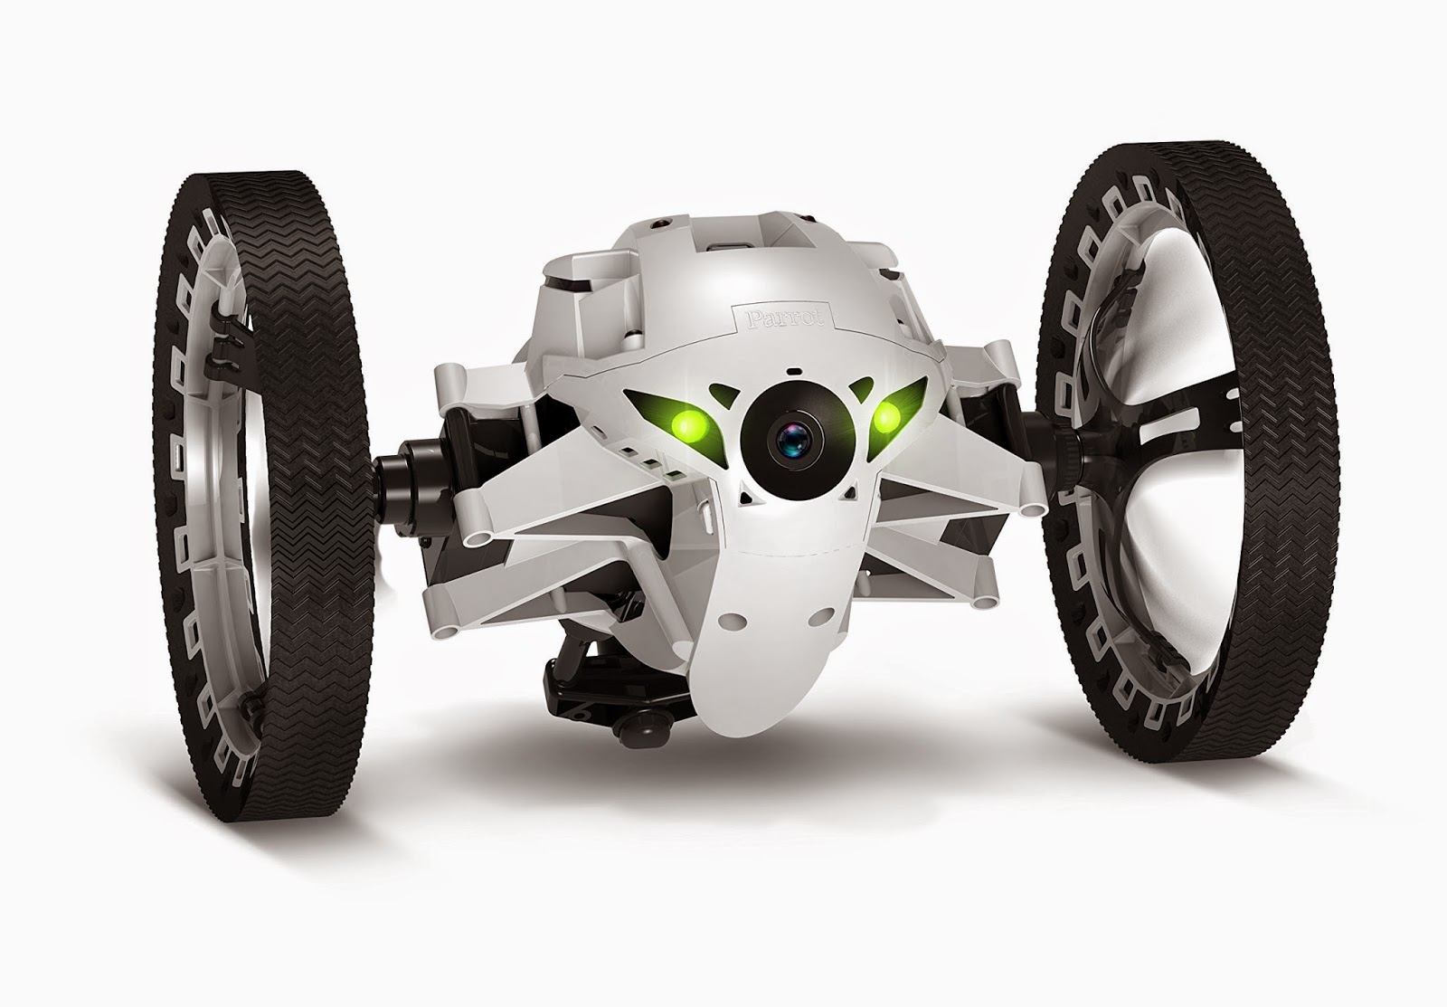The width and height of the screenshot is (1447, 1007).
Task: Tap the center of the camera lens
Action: [796, 439]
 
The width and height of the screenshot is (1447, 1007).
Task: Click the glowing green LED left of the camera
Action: [688, 424]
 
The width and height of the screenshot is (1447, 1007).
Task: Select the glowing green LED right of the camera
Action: [887, 417]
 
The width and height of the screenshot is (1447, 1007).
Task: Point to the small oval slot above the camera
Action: [794, 372]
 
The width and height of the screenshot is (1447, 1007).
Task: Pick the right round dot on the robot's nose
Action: [821, 617]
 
